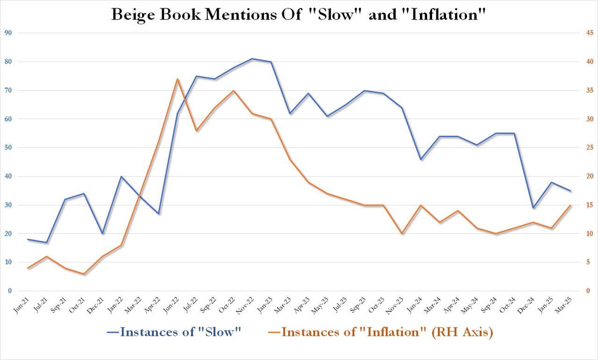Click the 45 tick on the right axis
591,33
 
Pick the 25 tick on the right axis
591,148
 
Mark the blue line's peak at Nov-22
252,59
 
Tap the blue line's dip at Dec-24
533,208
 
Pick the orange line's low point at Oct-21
84,274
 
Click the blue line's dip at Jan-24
421,159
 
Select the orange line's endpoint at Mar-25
570,205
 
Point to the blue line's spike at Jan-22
121,176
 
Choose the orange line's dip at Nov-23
402,233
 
